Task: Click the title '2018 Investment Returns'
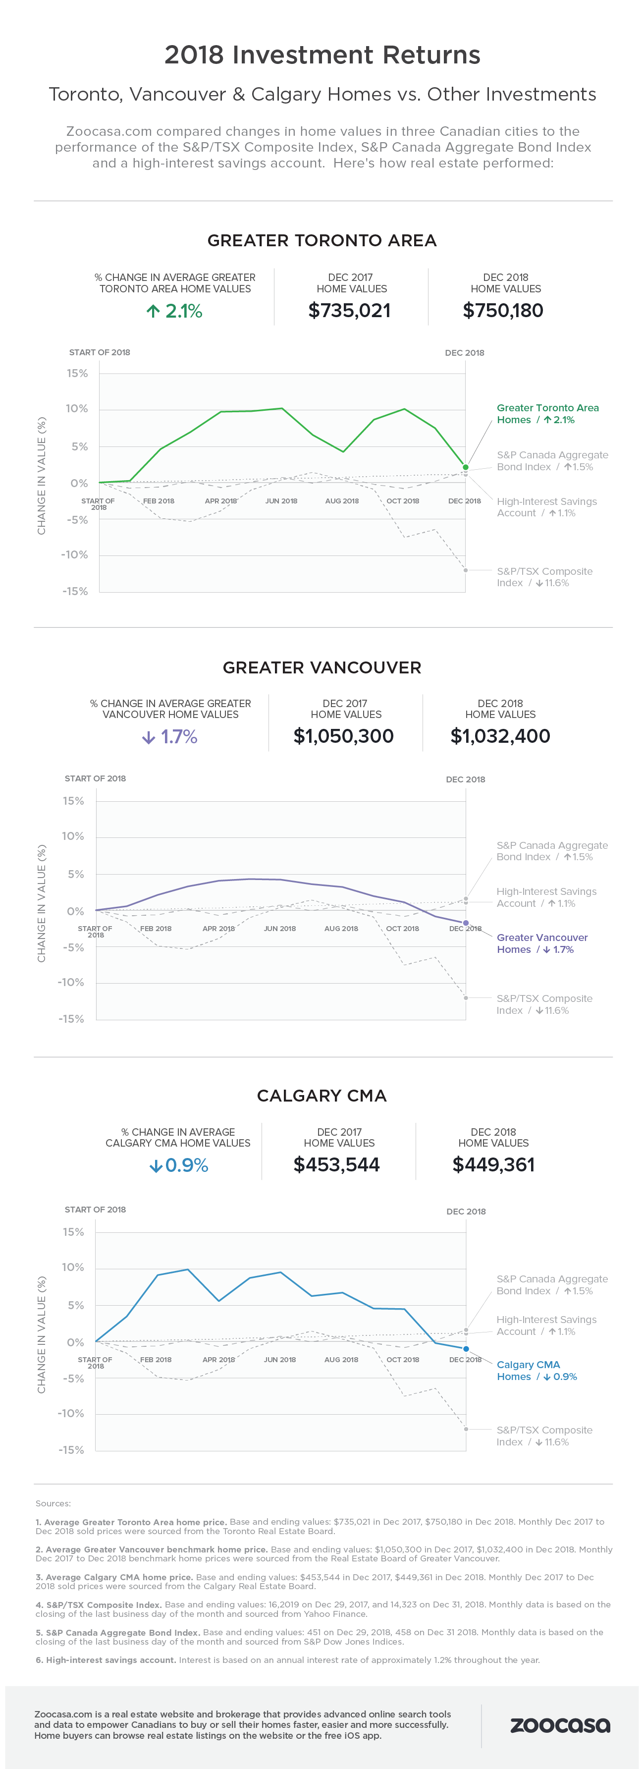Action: coord(322,55)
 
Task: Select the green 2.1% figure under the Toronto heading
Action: coord(174,311)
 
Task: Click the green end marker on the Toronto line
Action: coord(466,467)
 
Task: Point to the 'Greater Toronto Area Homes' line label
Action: coord(547,413)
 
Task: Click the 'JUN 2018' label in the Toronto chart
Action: coord(281,500)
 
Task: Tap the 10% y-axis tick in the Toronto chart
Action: coord(77,409)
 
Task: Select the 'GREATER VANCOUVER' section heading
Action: coord(322,667)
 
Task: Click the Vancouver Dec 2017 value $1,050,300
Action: coord(343,736)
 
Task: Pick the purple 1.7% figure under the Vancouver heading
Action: coord(170,737)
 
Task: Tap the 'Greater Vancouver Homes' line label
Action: coord(541,943)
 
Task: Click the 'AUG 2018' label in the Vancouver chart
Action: coord(341,929)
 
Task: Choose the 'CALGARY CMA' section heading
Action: coord(322,1095)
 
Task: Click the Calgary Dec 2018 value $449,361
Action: coord(493,1164)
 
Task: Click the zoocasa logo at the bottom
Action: coord(560,1725)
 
